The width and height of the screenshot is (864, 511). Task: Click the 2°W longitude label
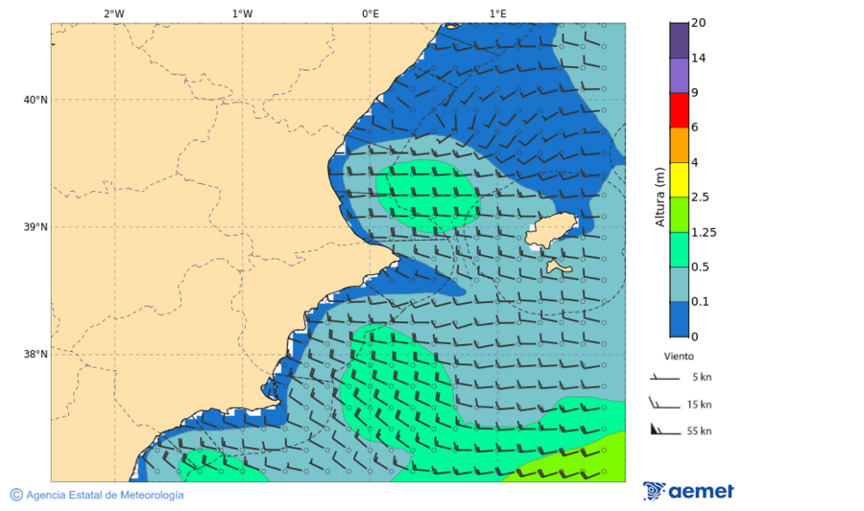113,13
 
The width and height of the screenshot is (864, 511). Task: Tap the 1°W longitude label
242,13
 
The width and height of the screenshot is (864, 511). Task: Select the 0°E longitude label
370,13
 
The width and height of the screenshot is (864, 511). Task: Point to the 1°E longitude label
497,13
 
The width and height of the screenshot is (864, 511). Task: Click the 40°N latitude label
36,100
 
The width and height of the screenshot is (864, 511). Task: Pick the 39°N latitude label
36,227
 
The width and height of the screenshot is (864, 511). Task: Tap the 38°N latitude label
36,355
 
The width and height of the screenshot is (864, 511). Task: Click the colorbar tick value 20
698,23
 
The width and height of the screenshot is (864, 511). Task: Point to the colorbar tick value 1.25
704,232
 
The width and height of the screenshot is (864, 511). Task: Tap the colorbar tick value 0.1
700,301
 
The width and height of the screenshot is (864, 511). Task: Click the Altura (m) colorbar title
660,197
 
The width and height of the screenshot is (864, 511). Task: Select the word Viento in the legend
679,356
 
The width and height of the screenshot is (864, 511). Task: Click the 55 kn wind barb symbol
663,430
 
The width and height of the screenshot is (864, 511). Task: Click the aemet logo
688,491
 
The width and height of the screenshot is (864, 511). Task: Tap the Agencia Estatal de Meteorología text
104,495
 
